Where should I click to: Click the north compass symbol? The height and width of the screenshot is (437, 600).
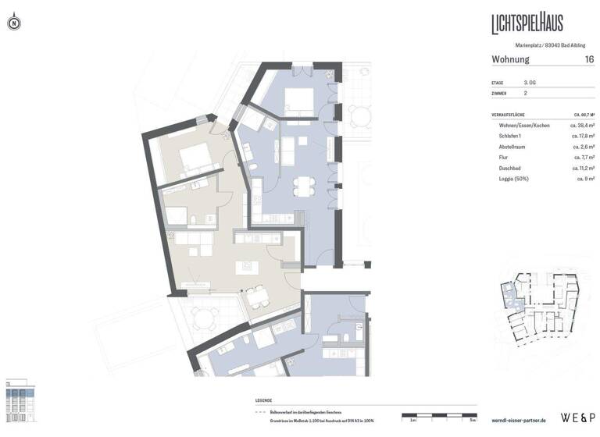(14, 23)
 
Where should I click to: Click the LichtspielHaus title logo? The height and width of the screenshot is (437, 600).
(527, 23)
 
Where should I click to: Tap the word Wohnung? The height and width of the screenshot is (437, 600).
(510, 59)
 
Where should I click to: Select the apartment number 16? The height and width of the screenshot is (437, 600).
(588, 59)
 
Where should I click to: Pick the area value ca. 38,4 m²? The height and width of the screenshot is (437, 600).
(583, 125)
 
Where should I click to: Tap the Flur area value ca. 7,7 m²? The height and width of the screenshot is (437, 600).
(584, 158)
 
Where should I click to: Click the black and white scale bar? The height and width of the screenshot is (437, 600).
(437, 414)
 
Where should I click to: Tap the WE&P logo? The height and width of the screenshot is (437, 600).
(577, 417)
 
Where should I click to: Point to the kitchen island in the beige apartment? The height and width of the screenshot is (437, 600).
(248, 266)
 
